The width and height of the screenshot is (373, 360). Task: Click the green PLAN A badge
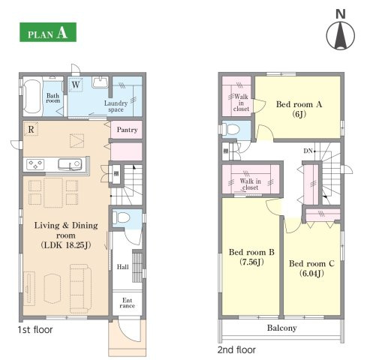tap(48, 32)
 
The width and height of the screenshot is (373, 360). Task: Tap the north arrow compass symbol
tap(341, 35)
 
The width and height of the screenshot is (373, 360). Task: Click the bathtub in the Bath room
tap(32, 96)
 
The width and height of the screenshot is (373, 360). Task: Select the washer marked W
tap(76, 85)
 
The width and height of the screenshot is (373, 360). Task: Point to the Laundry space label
tap(116, 106)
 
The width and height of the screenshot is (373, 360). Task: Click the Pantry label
tap(127, 130)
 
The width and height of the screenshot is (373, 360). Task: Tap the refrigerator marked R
tap(31, 129)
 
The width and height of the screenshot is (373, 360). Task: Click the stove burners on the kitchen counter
tap(35, 164)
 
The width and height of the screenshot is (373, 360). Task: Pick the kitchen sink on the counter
tap(70, 164)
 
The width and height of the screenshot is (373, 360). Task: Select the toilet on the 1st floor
tap(122, 217)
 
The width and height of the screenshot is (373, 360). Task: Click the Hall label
tap(123, 267)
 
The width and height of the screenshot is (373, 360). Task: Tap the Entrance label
tap(128, 303)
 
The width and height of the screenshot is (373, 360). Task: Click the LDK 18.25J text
tap(66, 245)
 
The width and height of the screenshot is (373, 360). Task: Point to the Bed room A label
tap(299, 104)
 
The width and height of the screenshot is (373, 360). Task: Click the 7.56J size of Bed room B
tap(251, 262)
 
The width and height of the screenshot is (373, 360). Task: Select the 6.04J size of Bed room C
tap(311, 273)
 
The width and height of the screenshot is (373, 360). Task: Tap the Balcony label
tap(282, 328)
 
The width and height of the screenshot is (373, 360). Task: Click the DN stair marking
tap(308, 151)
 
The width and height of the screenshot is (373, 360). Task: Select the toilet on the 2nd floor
tap(231, 130)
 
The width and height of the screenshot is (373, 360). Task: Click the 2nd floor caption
tap(236, 349)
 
